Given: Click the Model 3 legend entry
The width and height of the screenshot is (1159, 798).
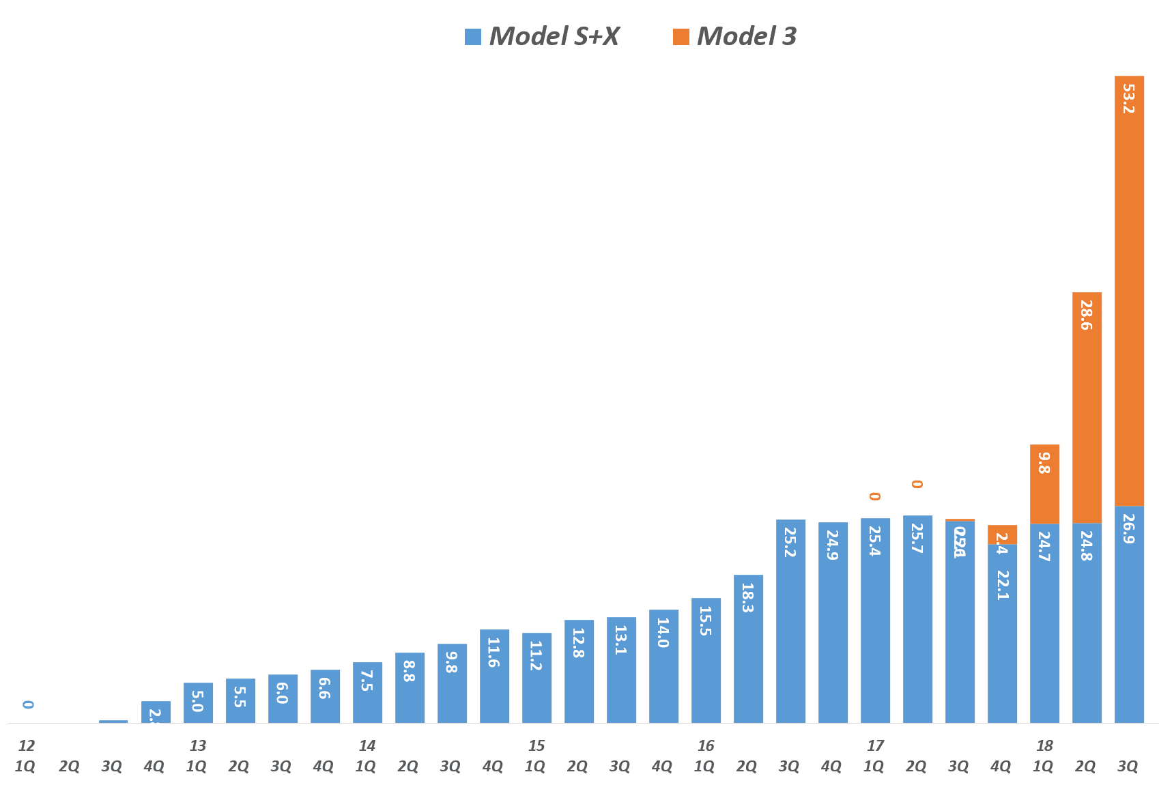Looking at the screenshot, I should (x=734, y=37).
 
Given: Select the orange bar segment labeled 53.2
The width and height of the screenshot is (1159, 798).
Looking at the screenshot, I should (x=1129, y=290).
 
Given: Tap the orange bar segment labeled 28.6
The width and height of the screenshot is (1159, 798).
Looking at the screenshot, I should (x=1087, y=408).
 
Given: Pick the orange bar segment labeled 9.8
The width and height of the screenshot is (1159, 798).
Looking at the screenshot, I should (x=1044, y=484).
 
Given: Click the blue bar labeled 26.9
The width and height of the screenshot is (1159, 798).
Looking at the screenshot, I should (x=1129, y=614).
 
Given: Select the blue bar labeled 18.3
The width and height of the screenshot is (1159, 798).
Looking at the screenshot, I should (x=748, y=649).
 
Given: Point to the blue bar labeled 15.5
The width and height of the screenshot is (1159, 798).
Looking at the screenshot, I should (x=706, y=660).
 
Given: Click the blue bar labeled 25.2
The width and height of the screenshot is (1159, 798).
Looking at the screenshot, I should (x=790, y=621).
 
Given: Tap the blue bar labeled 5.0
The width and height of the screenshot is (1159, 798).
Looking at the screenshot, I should (x=198, y=702).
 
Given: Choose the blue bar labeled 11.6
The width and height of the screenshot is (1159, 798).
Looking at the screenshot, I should (x=494, y=676).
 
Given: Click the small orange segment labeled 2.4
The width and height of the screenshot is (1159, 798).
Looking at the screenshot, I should (x=1002, y=535).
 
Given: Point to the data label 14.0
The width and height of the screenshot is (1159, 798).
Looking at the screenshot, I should (x=663, y=633).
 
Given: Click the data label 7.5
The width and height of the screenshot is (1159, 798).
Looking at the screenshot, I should (x=367, y=681).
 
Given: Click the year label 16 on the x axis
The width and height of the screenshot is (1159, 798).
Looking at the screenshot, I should (x=706, y=746).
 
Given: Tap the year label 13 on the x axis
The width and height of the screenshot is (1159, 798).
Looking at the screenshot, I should (x=198, y=746).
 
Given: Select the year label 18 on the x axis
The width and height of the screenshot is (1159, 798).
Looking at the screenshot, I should (x=1044, y=746).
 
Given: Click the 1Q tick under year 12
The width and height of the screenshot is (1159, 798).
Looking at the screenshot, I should (x=25, y=767).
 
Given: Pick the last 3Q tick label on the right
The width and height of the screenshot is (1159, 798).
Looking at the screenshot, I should (x=1128, y=767).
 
